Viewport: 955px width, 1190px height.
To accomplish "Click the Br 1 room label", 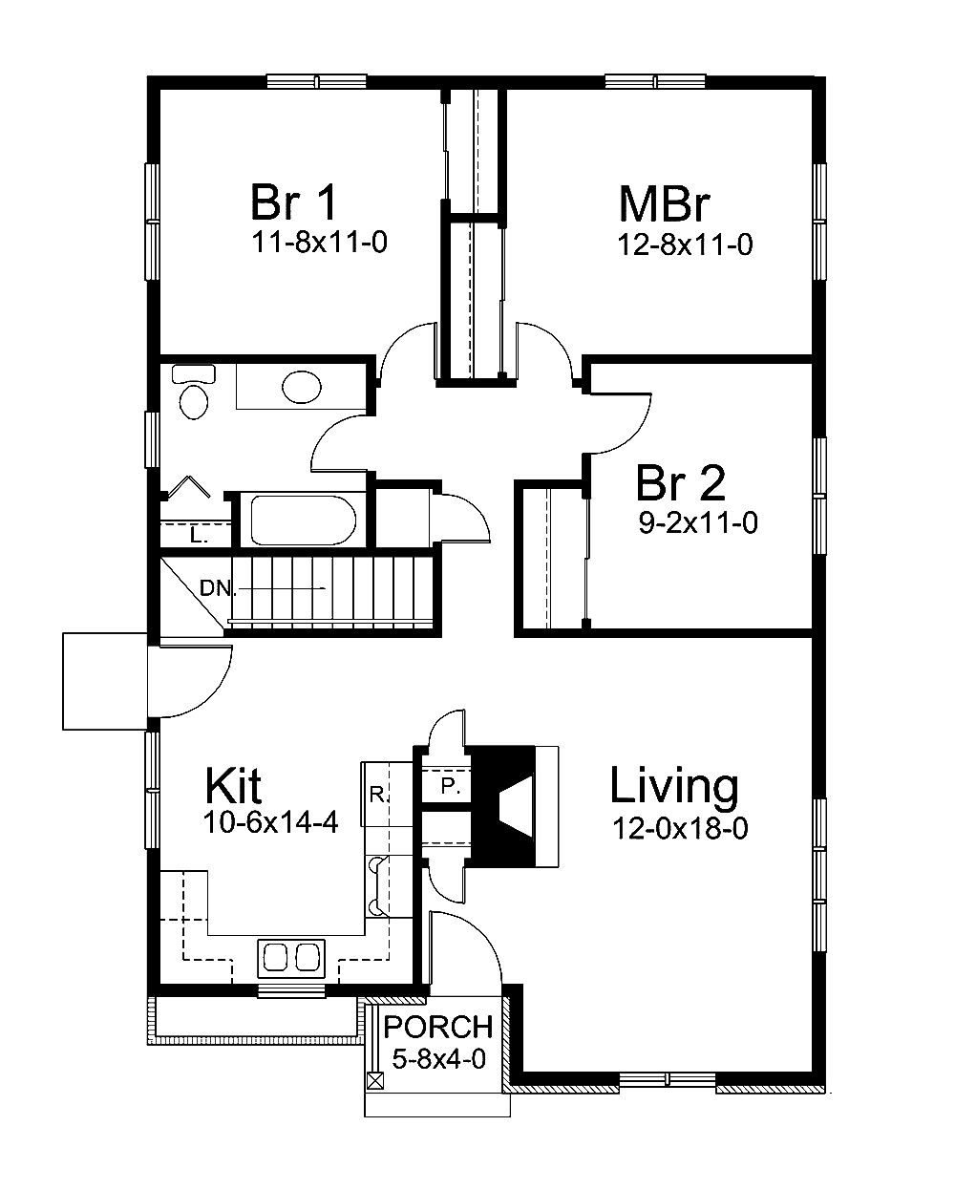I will coord(293,202).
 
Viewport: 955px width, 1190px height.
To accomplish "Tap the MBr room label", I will coord(666,204).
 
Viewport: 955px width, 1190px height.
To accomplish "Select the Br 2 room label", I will coord(680,483).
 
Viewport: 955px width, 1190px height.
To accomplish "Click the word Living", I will coord(674,787).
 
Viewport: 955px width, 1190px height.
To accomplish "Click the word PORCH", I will coord(438,1028).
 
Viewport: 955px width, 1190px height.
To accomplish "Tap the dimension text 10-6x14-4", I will coord(270,823).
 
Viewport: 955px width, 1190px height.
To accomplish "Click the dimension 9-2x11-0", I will coord(698,522).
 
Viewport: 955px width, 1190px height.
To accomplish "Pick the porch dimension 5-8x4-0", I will coord(439,1058).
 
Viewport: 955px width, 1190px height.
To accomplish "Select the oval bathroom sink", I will coord(302,387).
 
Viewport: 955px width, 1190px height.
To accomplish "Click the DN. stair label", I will coord(218,588).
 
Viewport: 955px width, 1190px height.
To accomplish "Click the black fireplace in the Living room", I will coord(506,805).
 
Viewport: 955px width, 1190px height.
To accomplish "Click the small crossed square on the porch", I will coord(376,1081).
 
